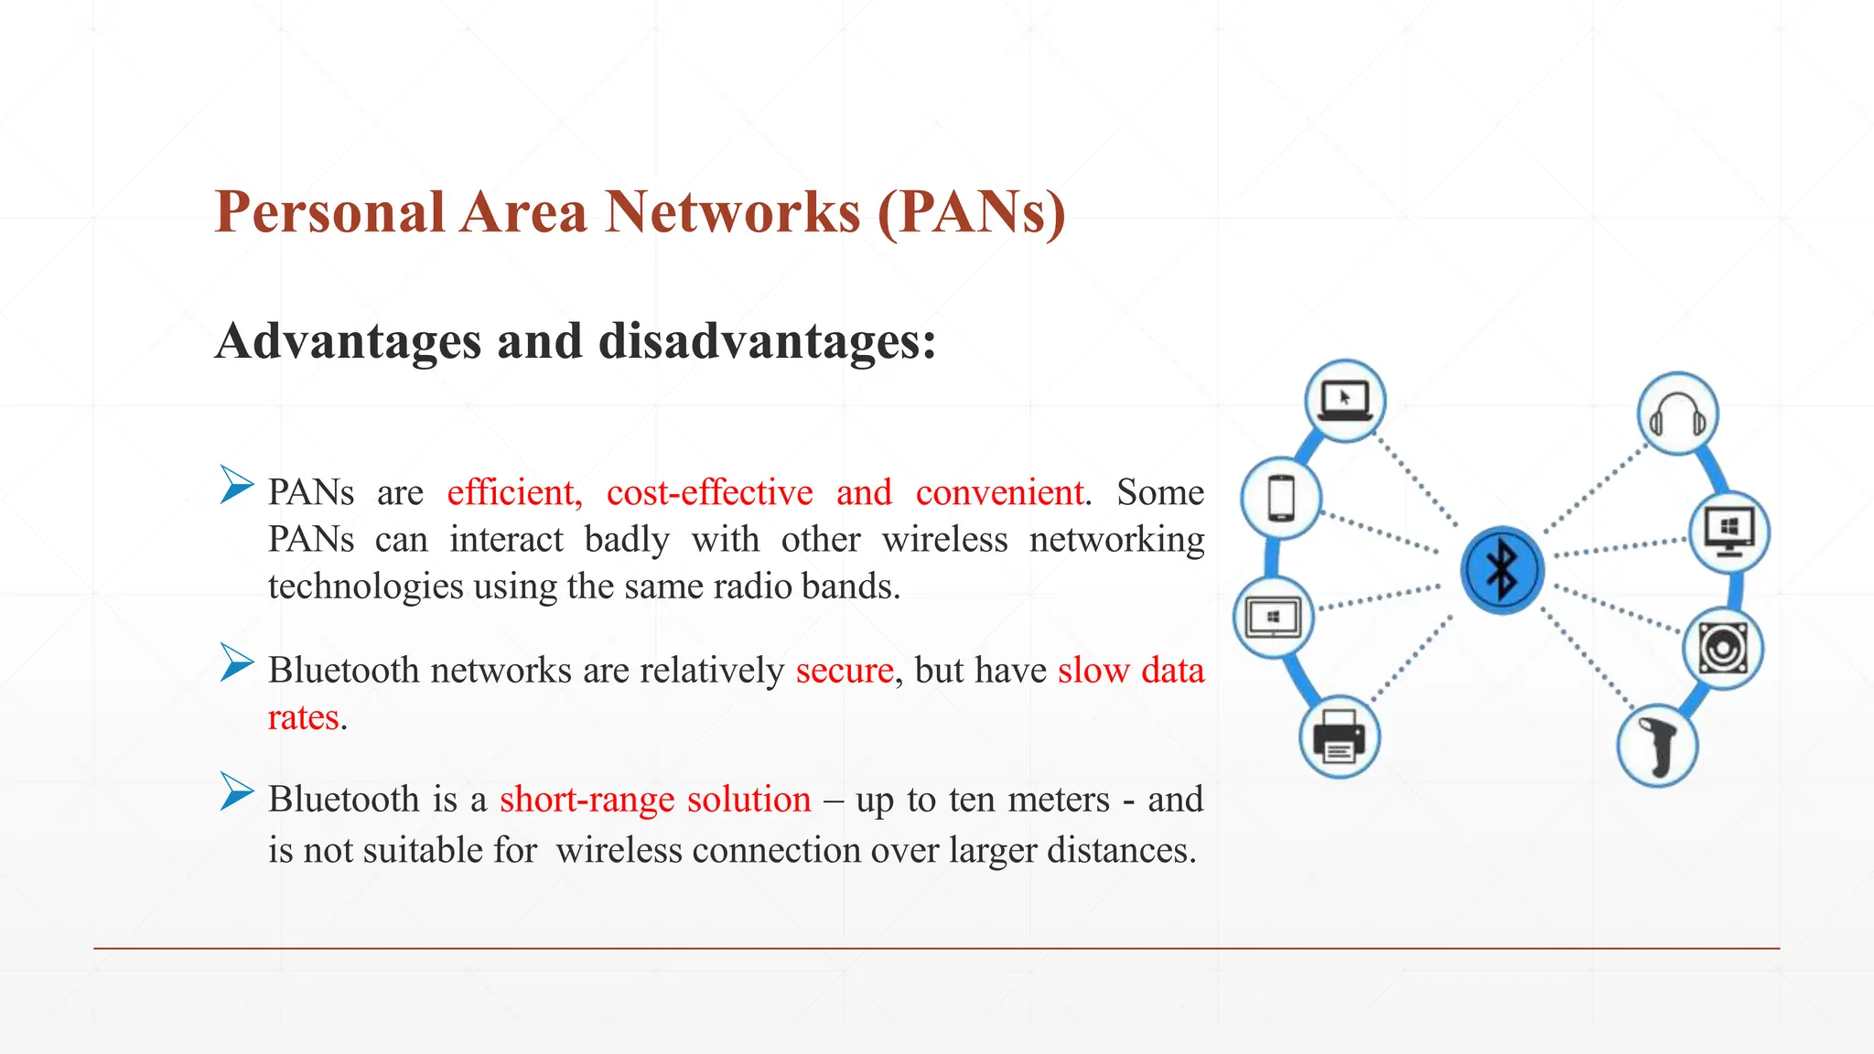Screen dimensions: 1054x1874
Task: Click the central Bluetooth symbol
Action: [1502, 570]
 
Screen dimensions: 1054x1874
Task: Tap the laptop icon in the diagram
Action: [1344, 401]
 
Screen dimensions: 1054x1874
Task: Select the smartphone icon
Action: [1281, 499]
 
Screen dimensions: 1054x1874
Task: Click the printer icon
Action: [1339, 737]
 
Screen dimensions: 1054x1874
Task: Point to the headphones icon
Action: [1677, 414]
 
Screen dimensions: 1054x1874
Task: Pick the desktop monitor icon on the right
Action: [1729, 532]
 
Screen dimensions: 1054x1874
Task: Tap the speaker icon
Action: [1723, 649]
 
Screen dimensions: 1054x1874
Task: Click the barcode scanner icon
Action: [1657, 746]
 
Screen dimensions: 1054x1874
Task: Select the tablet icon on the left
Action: [1273, 617]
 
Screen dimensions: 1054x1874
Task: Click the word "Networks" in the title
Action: [733, 212]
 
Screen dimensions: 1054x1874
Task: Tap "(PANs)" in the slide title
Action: [972, 212]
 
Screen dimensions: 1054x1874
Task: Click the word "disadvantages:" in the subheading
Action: [767, 341]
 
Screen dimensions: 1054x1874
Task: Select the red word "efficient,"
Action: [514, 493]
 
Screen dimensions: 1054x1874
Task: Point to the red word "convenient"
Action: [999, 493]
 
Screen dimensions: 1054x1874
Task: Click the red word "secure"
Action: [844, 671]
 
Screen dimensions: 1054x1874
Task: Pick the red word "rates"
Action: [303, 718]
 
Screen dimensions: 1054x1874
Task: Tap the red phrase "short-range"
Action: [585, 800]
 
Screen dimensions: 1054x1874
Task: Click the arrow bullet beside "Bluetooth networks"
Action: [237, 662]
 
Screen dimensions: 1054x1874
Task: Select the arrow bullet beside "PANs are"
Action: [237, 484]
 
